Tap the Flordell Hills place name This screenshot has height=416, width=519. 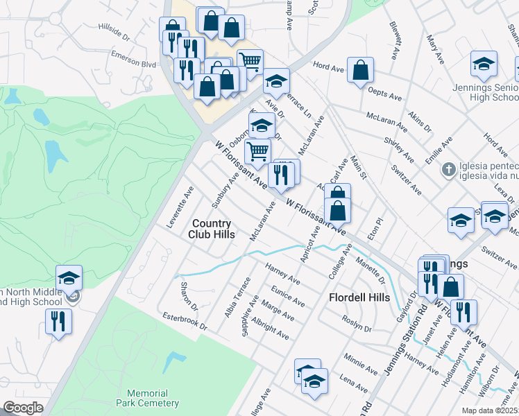[x=357, y=297]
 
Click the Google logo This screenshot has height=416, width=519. [x=23, y=408]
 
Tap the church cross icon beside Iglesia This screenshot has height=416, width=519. [x=450, y=168]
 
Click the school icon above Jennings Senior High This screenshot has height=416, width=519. [x=484, y=64]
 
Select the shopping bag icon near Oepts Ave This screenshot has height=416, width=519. [x=361, y=70]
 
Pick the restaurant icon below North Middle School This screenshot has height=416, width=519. [x=58, y=322]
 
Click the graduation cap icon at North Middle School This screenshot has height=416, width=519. [x=69, y=278]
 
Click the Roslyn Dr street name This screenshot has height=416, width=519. [x=358, y=323]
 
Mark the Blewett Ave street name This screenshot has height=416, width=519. [x=395, y=41]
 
